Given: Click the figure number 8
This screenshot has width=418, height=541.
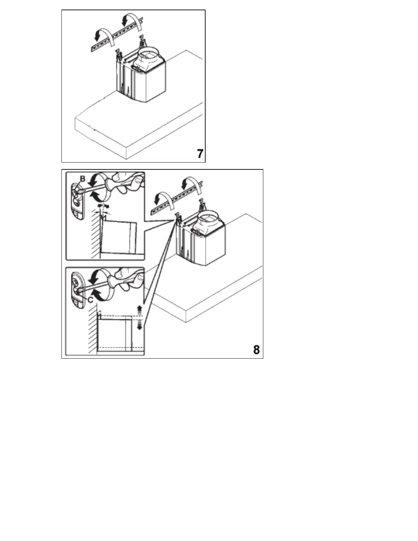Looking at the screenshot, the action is click(256, 350).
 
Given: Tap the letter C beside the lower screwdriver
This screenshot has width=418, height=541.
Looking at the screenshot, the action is click(90, 300).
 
